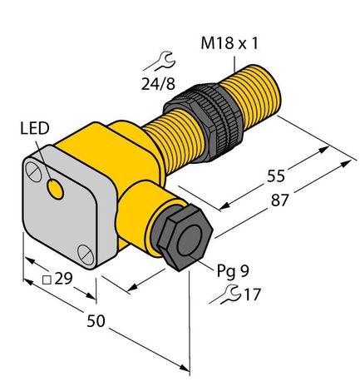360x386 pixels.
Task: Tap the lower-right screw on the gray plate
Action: tap(84, 250)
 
